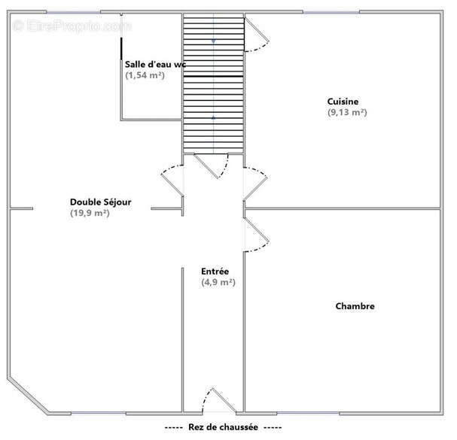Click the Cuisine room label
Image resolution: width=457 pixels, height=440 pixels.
[343, 102]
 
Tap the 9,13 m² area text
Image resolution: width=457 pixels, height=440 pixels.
[347, 112]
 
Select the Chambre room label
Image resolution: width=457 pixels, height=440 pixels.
[355, 306]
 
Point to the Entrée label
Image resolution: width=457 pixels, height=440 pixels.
[215, 272]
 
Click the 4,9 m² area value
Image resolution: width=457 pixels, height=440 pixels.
[218, 282]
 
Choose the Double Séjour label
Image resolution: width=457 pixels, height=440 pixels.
[101, 202]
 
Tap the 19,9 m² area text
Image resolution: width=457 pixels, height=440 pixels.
[90, 213]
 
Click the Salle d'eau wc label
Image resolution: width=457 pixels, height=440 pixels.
[155, 64]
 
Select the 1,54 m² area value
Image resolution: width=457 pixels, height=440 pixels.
[145, 75]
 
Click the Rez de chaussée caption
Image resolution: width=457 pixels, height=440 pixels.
[223, 427]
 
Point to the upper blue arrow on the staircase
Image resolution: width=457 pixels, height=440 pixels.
[213, 41]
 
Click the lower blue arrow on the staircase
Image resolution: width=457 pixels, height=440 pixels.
[213, 117]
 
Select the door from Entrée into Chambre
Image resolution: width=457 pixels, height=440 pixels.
[257, 235]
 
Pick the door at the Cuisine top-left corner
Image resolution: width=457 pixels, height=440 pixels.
[257, 35]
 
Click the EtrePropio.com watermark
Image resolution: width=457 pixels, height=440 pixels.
[72, 26]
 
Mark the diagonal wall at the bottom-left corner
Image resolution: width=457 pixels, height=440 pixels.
[29, 396]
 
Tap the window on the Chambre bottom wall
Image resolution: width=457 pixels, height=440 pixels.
[308, 413]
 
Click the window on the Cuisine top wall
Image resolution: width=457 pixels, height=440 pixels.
[331, 12]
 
